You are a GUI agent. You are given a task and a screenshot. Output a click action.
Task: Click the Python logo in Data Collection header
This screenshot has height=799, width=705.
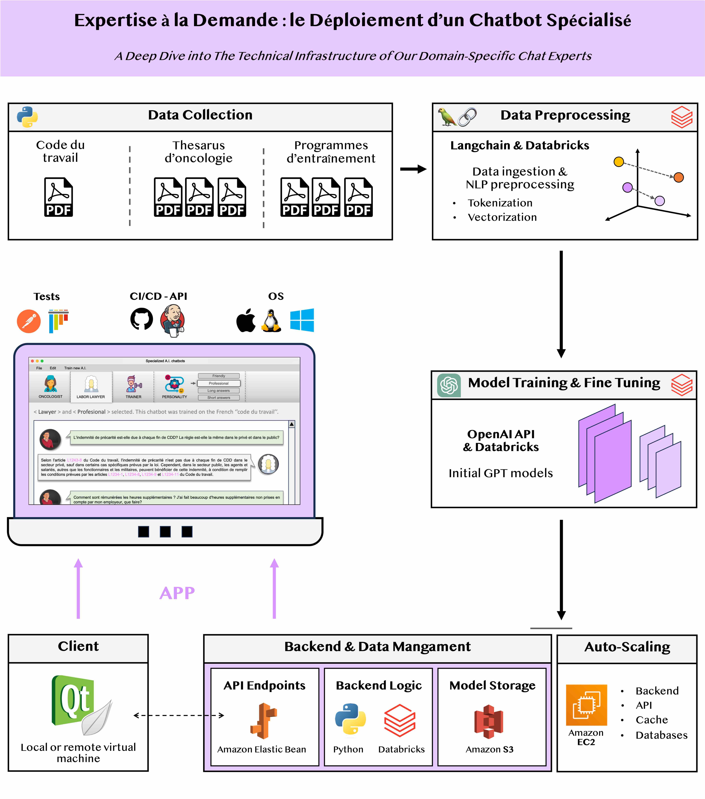[x=27, y=117]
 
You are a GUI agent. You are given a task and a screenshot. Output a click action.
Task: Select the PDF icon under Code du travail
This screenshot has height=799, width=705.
[x=59, y=197]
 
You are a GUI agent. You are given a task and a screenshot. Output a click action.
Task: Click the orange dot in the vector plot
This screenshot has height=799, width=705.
[x=678, y=177]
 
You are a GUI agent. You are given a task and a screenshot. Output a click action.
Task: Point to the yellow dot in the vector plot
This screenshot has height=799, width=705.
[x=619, y=161]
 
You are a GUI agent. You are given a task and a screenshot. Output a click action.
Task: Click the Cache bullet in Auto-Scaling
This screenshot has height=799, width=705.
[x=651, y=720]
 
